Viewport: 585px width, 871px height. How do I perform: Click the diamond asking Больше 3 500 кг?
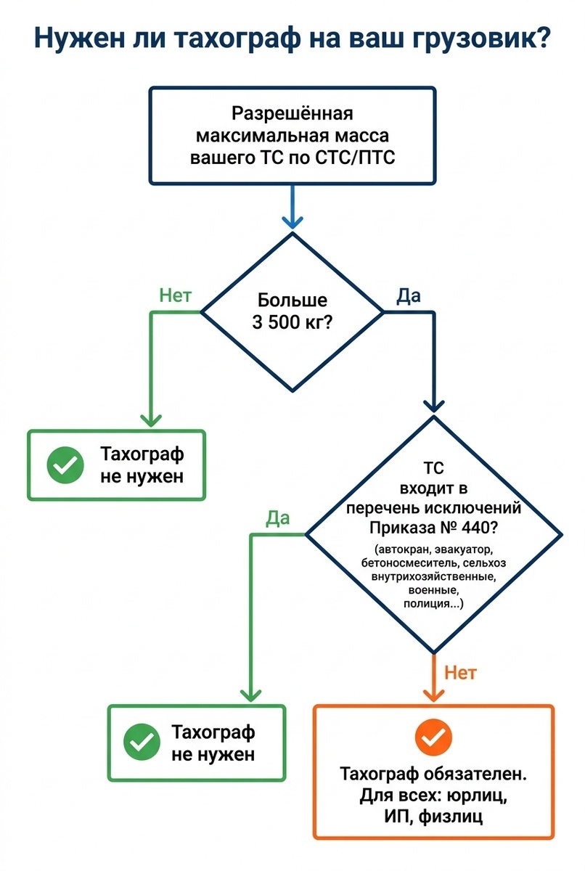click(292, 312)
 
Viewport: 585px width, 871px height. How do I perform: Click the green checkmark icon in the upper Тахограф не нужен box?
click(65, 465)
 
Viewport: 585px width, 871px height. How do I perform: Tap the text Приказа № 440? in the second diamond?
click(434, 526)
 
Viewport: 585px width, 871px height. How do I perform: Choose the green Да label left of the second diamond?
click(278, 518)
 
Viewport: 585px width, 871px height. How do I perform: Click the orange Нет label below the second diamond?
click(460, 672)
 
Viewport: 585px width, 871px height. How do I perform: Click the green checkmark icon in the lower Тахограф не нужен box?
click(142, 742)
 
